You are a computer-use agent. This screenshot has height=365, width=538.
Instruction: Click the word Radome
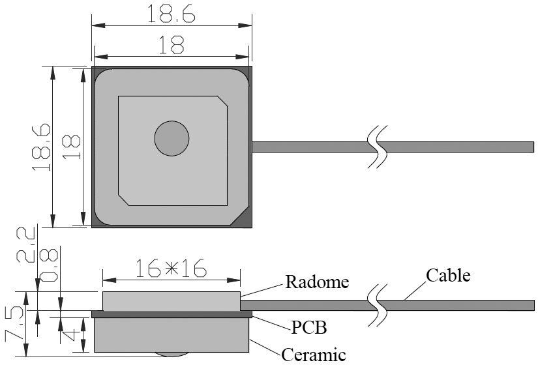(318, 282)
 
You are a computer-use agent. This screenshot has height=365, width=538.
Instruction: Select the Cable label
(448, 274)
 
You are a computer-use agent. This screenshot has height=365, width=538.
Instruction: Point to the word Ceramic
(314, 355)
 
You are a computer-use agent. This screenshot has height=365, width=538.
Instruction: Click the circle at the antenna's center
(172, 138)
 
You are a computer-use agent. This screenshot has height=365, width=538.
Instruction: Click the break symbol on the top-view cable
(376, 147)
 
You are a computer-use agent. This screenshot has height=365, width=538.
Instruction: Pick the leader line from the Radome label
(262, 290)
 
